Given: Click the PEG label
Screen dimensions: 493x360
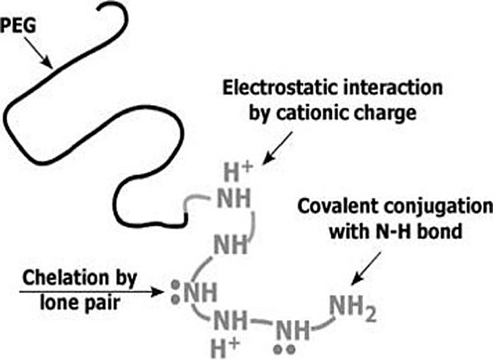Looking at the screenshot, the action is point(18,26).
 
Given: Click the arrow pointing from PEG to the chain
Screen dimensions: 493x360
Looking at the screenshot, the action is point(38,52).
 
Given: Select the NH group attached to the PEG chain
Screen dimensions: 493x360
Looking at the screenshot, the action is point(234,198).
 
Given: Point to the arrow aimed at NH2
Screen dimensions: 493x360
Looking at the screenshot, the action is point(366,268).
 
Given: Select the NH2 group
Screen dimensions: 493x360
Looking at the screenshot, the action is point(353,306).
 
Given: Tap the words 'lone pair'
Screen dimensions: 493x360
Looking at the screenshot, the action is point(80,303).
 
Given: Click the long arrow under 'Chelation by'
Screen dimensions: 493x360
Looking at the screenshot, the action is point(90,292).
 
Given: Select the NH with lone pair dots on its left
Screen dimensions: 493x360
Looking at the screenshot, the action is point(200,292).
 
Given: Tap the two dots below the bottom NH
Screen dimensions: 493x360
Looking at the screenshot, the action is point(285,348).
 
